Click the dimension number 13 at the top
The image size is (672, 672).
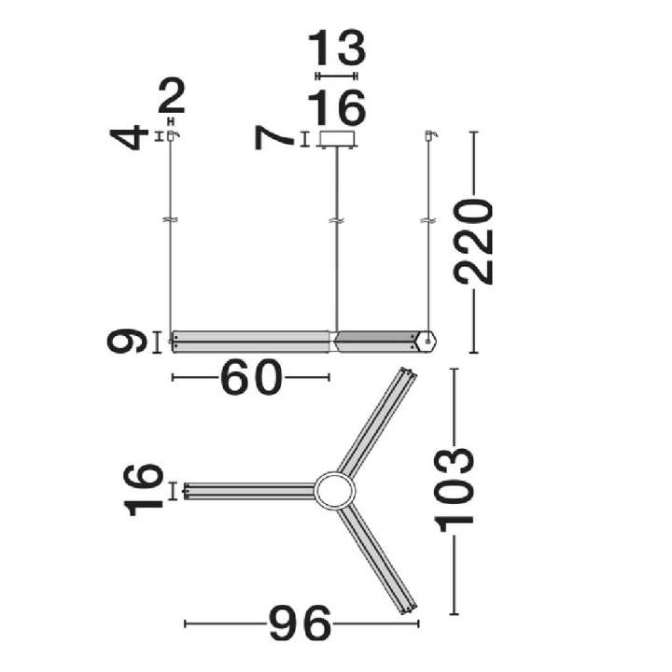(337, 48)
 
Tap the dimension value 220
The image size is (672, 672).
(473, 242)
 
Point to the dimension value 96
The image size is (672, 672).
(300, 623)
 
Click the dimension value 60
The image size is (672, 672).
(252, 377)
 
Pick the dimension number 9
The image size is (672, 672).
(127, 342)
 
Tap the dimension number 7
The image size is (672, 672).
(273, 138)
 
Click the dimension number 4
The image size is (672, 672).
(127, 137)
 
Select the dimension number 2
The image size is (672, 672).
(172, 96)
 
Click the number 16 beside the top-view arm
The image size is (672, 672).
(144, 490)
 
